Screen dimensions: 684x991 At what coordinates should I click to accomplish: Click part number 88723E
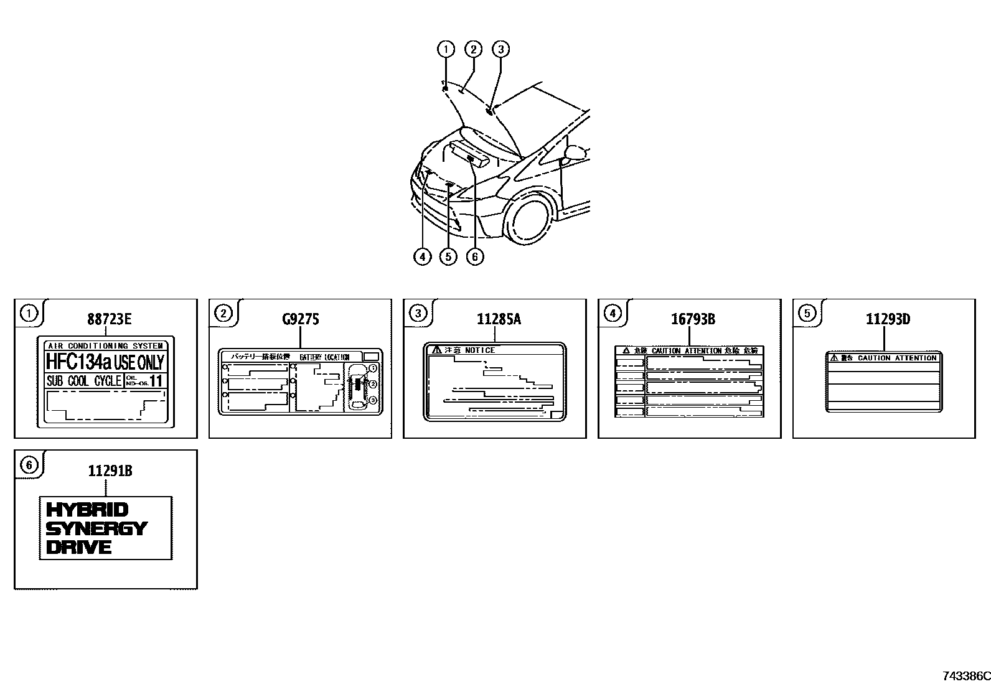pyautogui.click(x=110, y=319)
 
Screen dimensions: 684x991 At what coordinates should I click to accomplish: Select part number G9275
pyautogui.click(x=301, y=319)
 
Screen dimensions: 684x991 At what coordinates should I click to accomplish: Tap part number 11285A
pyautogui.click(x=499, y=319)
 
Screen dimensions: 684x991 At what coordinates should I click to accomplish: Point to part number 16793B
pyautogui.click(x=693, y=319)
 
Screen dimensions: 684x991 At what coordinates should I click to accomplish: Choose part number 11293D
pyautogui.click(x=888, y=319)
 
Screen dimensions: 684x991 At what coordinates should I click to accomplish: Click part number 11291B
pyautogui.click(x=110, y=471)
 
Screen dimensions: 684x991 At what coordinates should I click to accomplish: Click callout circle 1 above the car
pyautogui.click(x=446, y=49)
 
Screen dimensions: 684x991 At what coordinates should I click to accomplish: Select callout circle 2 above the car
pyautogui.click(x=473, y=49)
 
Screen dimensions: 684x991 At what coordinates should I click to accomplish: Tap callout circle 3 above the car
pyautogui.click(x=500, y=49)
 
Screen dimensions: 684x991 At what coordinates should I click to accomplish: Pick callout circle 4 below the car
pyautogui.click(x=422, y=256)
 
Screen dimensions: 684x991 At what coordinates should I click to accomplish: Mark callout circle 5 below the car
pyautogui.click(x=448, y=256)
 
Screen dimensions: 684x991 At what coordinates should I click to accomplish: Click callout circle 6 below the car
pyautogui.click(x=475, y=256)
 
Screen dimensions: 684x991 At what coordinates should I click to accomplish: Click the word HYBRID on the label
pyautogui.click(x=88, y=510)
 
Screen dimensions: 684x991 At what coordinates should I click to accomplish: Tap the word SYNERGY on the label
pyautogui.click(x=96, y=528)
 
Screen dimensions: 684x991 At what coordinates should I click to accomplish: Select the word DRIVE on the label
pyautogui.click(x=79, y=548)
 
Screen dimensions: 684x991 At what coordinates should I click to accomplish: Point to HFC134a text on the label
pyautogui.click(x=78, y=362)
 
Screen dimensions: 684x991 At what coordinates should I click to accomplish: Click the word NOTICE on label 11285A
pyautogui.click(x=480, y=350)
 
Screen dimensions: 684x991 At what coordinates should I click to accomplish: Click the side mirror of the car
pyautogui.click(x=576, y=152)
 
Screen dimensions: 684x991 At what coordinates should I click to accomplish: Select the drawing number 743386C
pyautogui.click(x=965, y=676)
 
